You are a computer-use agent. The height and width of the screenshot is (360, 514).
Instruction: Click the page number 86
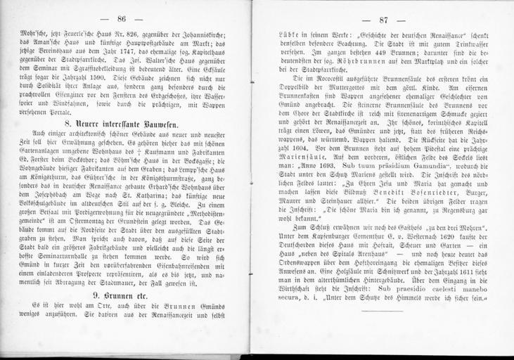tap(132, 18)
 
